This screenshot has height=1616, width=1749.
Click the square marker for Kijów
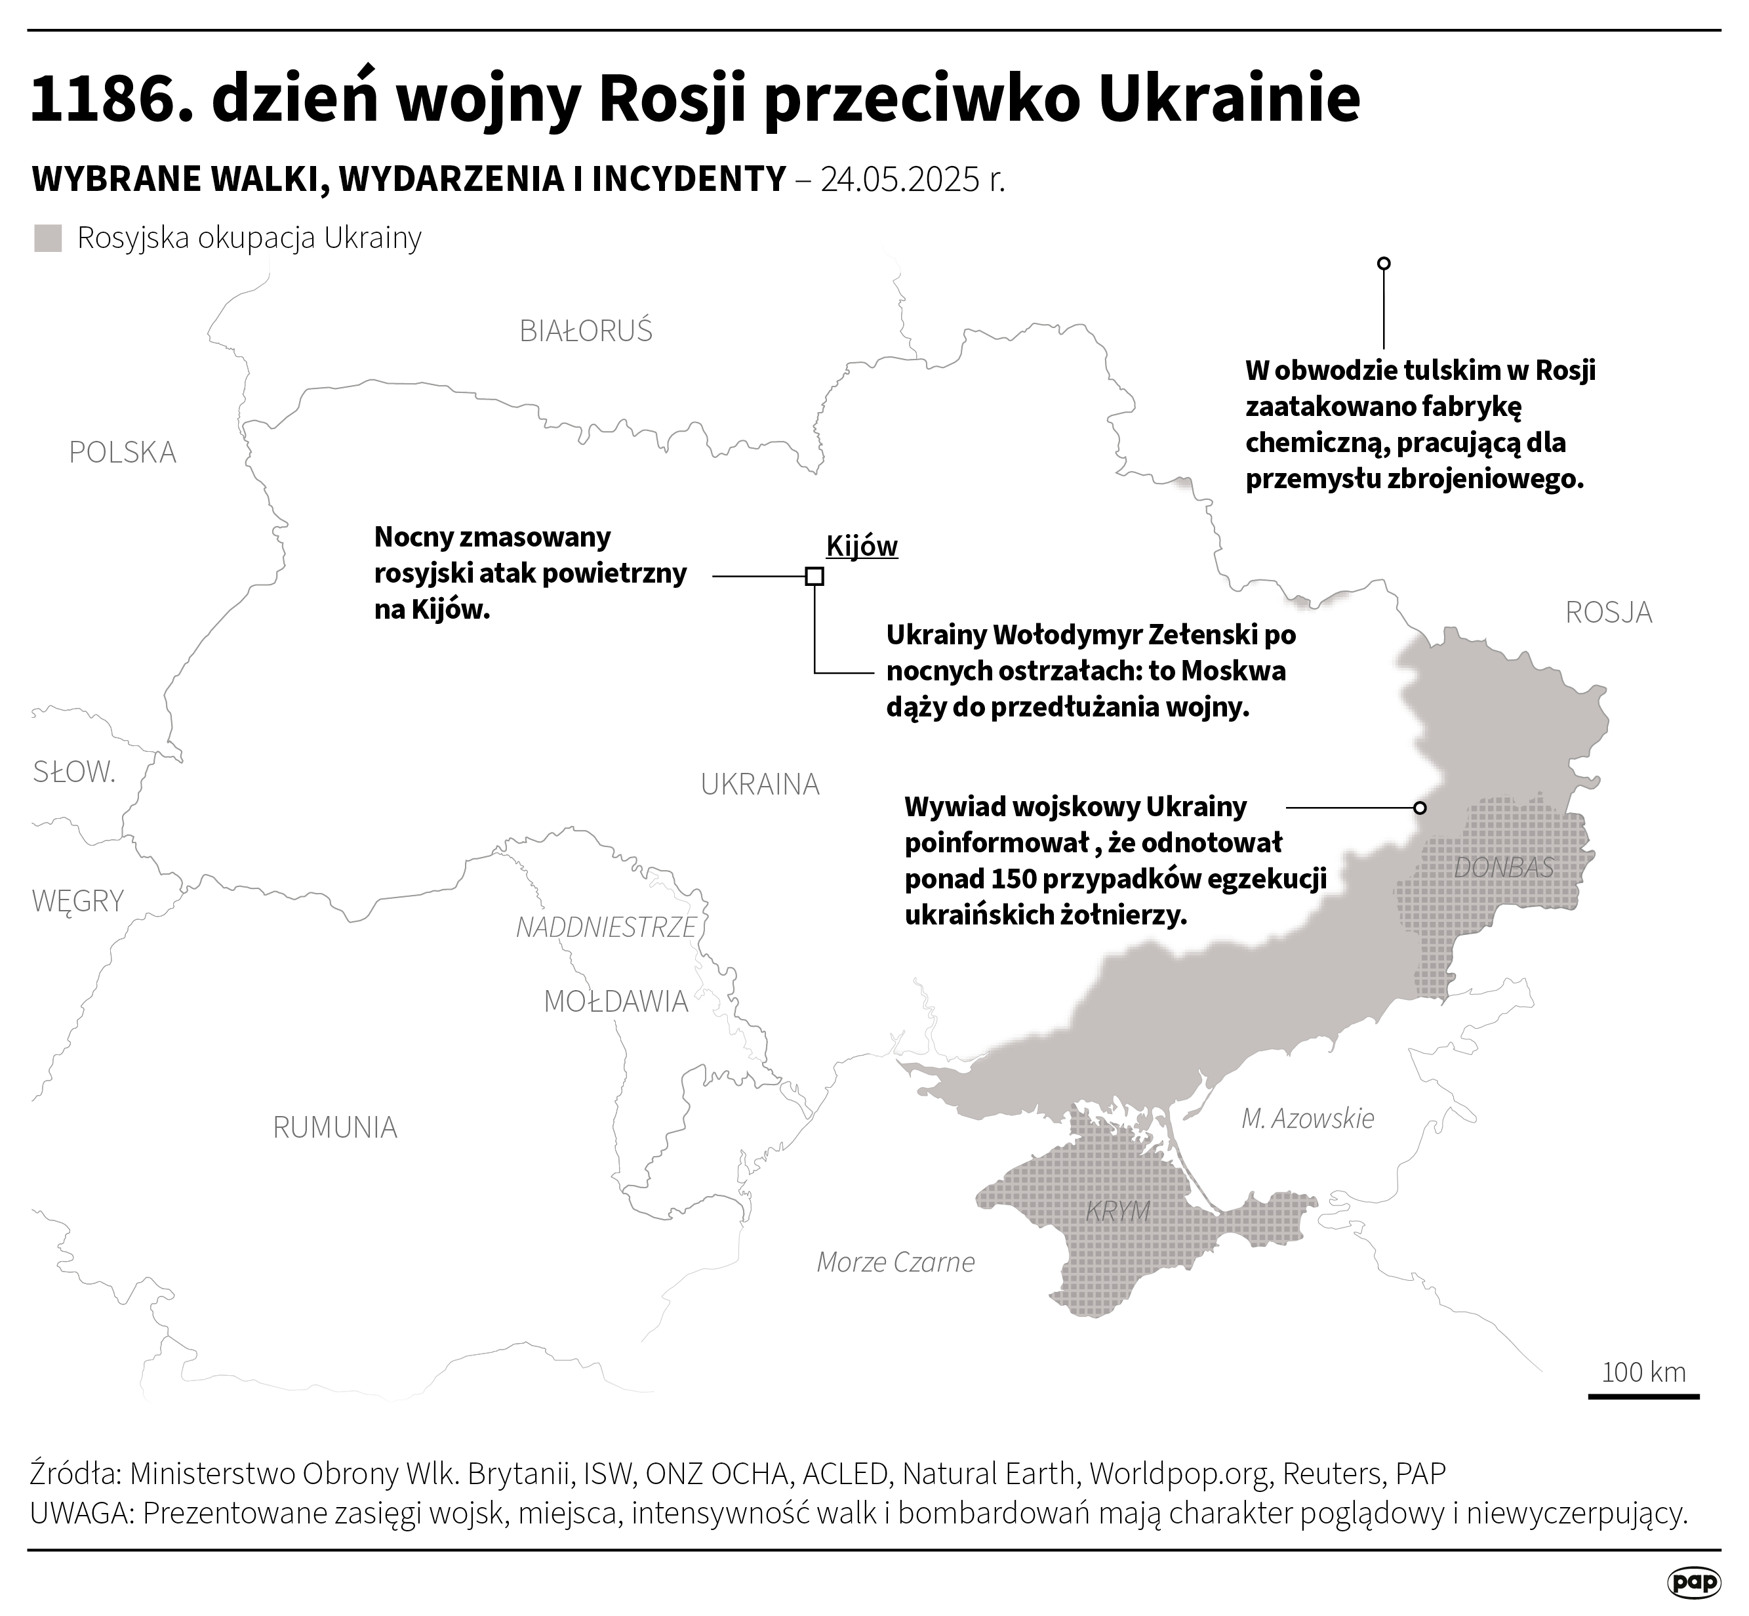tap(814, 576)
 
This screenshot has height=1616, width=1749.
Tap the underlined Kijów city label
tap(862, 547)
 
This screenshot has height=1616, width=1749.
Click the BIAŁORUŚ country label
tap(586, 331)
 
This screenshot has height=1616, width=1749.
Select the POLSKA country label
tap(123, 452)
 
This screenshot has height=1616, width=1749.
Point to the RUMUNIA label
tap(334, 1127)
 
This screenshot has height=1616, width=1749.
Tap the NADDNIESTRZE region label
tap(606, 927)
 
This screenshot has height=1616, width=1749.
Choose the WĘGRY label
tap(78, 901)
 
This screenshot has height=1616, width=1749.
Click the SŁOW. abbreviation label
tap(74, 772)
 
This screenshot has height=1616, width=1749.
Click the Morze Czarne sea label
tap(895, 1262)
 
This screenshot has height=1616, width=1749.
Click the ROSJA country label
tap(1608, 612)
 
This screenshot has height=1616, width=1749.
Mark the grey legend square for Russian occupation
tap(48, 239)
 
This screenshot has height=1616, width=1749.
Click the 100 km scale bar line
tap(1643, 1421)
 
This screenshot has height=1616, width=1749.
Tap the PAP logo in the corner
tap(1694, 1582)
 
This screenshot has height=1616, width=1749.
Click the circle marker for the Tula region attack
tap(1384, 263)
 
